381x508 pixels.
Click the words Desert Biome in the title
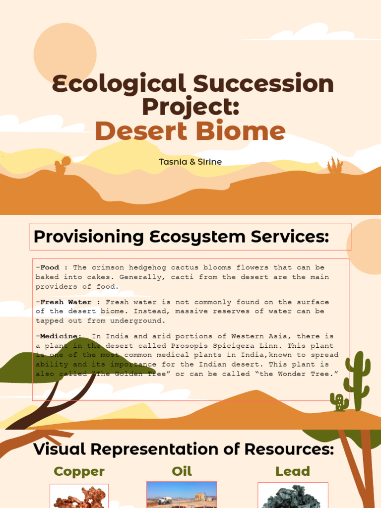pos(190,131)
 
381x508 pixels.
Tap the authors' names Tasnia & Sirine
pos(190,162)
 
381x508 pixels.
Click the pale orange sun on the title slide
pos(65,54)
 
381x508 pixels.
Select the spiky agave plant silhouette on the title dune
pos(335,166)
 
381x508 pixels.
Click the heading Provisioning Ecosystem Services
pos(181,237)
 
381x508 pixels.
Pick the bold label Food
pos(50,268)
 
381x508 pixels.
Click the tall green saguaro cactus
pos(357,380)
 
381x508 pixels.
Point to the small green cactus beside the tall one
pos(339,402)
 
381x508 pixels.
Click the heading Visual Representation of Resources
pos(183,449)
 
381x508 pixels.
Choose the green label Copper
pos(79,471)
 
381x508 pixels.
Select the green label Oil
pos(182,471)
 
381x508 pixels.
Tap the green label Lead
pos(293,471)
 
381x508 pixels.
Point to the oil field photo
pos(182,495)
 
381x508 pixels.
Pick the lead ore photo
pos(293,497)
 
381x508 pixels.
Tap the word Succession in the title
pos(263,84)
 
